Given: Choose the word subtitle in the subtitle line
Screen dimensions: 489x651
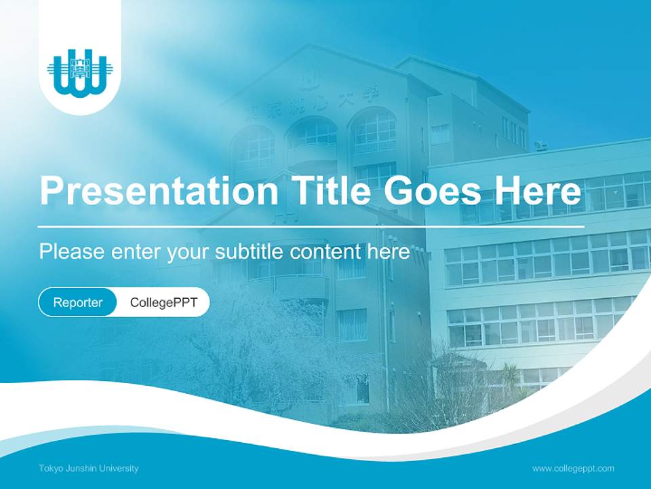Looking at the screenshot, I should (x=250, y=251).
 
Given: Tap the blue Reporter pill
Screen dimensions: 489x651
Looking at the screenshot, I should (x=77, y=302).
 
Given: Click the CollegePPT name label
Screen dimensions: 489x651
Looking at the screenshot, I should (x=163, y=302).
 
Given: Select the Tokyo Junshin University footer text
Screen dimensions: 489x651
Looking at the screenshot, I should (x=89, y=469).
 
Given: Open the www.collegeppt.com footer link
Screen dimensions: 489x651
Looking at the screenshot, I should (x=573, y=469).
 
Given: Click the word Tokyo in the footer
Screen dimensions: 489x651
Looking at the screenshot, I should (x=51, y=469).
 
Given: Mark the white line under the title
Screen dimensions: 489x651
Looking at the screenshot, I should (x=311, y=226).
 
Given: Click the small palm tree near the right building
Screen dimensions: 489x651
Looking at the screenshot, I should (x=510, y=376).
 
